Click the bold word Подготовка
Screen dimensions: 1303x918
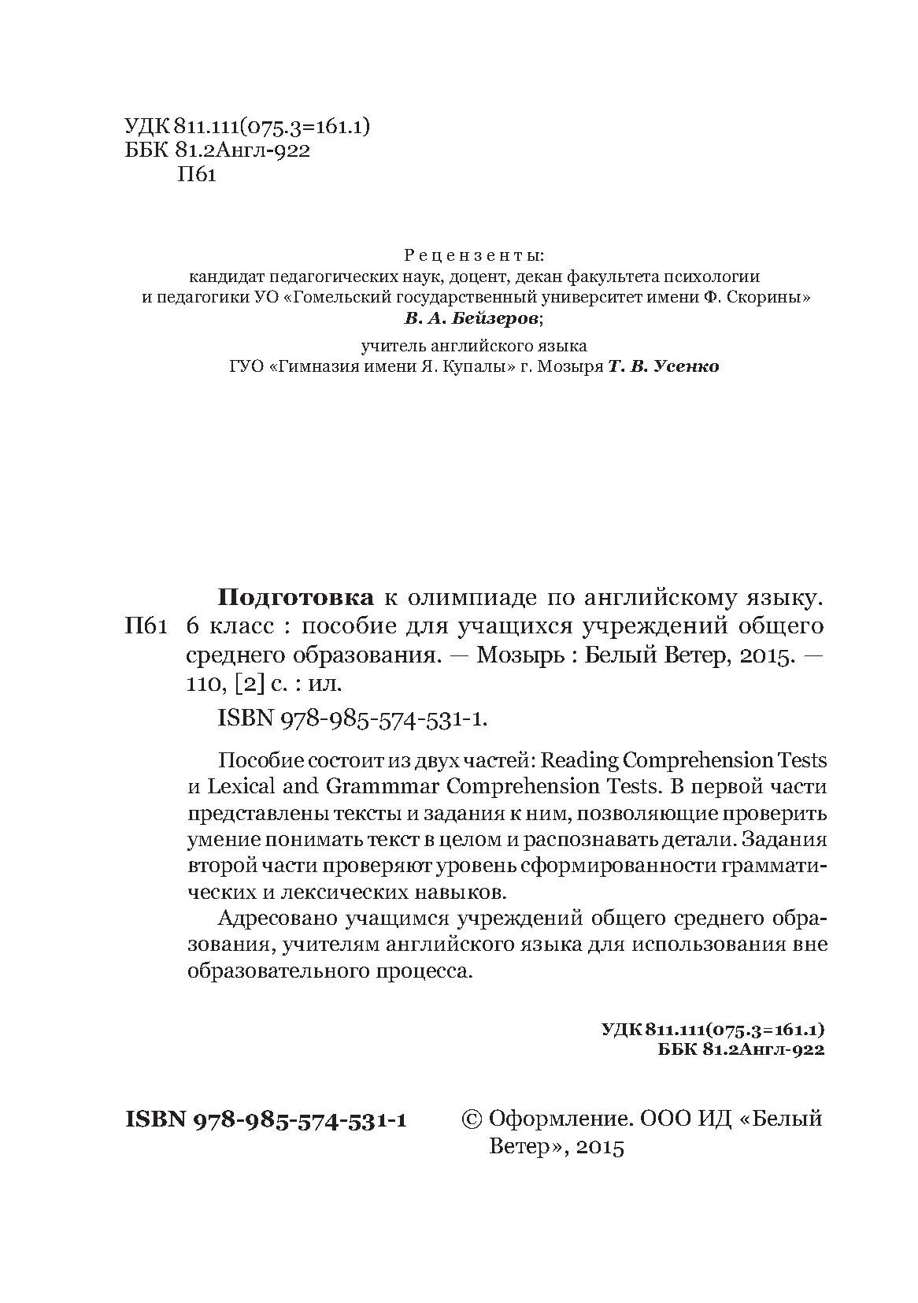pyautogui.click(x=295, y=598)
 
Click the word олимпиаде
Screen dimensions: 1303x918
pyautogui.click(x=452, y=598)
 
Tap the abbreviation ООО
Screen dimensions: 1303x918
pyautogui.click(x=664, y=1119)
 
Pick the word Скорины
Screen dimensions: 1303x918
pyautogui.click(x=772, y=298)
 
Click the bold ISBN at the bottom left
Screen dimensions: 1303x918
pyautogui.click(x=154, y=1120)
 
